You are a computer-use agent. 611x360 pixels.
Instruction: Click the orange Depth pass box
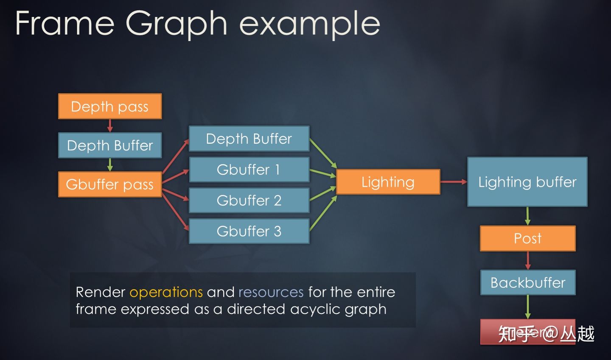tap(110, 106)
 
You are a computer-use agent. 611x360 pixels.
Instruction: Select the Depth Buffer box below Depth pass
tap(110, 145)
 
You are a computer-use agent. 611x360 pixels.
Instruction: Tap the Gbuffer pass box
tap(110, 184)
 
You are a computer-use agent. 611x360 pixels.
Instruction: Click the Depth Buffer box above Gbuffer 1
tap(249, 139)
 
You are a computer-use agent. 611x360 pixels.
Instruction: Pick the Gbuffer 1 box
tap(249, 170)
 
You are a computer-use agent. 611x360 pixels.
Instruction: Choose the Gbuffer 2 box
tap(249, 200)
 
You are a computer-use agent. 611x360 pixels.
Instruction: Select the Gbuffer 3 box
tap(249, 231)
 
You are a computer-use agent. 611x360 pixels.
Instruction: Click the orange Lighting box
tap(388, 182)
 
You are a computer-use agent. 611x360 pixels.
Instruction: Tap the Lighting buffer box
tap(527, 182)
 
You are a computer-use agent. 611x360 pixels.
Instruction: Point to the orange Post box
tap(527, 238)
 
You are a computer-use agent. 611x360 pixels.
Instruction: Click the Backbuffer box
tap(528, 282)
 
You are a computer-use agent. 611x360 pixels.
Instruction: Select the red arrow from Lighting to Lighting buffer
tap(454, 182)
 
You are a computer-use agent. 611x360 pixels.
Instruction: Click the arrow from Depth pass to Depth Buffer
tap(110, 126)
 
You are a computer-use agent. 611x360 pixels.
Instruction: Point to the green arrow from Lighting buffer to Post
tap(528, 216)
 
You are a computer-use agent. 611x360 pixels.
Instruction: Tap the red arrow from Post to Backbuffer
tap(528, 260)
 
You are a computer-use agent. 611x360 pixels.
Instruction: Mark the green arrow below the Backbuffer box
tap(528, 307)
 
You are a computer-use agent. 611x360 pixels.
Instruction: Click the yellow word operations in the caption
tap(166, 292)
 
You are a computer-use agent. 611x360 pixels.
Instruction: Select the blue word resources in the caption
tap(271, 292)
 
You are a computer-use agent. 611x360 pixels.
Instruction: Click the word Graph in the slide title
tap(176, 24)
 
